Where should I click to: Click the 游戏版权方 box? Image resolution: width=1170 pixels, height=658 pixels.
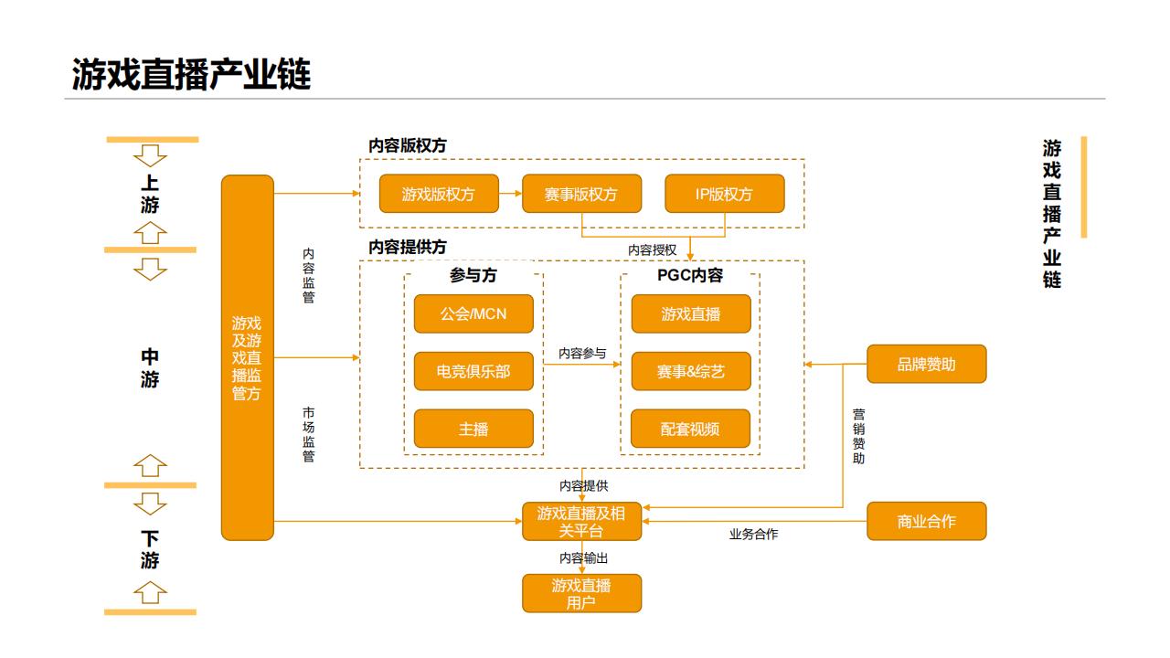click(x=439, y=194)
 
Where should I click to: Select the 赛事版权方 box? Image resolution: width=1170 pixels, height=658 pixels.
click(x=581, y=194)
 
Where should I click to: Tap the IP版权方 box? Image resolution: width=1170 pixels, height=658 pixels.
click(x=724, y=194)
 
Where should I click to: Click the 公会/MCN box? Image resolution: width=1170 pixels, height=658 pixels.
click(x=473, y=313)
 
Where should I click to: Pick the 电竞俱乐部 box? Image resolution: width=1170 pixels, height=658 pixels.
click(x=473, y=371)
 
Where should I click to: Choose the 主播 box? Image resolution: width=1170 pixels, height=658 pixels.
click(x=473, y=429)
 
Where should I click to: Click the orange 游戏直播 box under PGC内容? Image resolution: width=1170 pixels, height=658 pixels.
click(x=691, y=313)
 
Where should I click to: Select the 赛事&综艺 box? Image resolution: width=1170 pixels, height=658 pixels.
click(x=691, y=371)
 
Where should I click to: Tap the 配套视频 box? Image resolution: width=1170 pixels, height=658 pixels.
click(x=691, y=429)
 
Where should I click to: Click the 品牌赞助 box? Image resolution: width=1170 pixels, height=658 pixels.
click(x=926, y=364)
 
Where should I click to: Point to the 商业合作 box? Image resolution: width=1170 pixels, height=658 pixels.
click(x=926, y=521)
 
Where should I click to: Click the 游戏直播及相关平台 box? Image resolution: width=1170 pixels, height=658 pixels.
click(x=581, y=521)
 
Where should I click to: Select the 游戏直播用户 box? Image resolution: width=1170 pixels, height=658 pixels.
click(x=581, y=593)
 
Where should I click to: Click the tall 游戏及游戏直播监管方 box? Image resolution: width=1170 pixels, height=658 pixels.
click(x=247, y=357)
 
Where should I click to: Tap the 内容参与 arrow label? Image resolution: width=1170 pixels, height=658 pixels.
click(x=582, y=353)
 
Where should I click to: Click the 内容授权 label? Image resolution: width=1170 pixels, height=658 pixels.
click(x=652, y=249)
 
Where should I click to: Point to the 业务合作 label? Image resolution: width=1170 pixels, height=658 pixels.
click(x=753, y=534)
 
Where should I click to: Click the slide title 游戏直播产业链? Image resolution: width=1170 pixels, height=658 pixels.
click(x=192, y=74)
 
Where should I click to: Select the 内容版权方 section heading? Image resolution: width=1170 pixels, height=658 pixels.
click(x=408, y=145)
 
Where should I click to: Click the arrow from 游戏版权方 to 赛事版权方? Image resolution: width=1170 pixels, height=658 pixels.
click(x=510, y=194)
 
